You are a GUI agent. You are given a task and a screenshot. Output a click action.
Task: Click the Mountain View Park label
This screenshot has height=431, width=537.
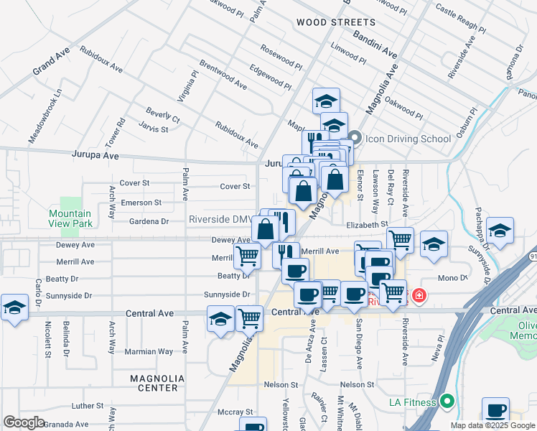pyautogui.click(x=70, y=218)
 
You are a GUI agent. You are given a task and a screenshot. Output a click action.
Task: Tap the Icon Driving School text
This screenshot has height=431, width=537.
pyautogui.click(x=408, y=139)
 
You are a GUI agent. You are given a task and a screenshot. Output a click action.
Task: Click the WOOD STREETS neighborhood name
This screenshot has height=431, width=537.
pyautogui.click(x=336, y=23)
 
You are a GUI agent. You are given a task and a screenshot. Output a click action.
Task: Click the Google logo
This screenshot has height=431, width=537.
pyautogui.click(x=24, y=422)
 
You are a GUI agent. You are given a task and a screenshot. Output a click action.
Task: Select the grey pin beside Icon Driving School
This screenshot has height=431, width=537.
pyautogui.click(x=355, y=138)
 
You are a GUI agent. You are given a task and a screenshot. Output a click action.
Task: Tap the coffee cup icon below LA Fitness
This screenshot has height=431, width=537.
pyautogui.click(x=495, y=410)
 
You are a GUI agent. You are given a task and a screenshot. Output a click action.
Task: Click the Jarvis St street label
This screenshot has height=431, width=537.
pyautogui.click(x=154, y=129)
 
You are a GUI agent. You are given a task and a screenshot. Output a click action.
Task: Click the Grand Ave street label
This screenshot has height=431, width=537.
pyautogui.click(x=51, y=63)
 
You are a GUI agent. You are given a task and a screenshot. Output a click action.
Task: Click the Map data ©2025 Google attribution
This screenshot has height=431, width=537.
pyautogui.click(x=492, y=425)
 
